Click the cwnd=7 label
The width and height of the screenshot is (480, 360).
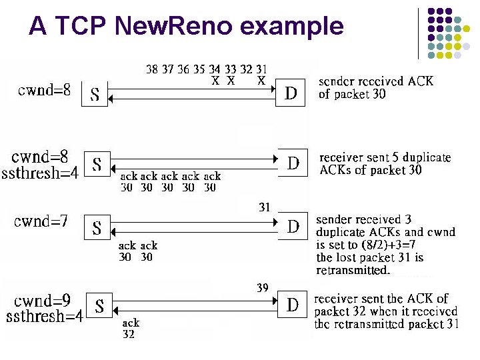click(x=41, y=221)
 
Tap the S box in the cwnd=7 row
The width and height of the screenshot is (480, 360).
click(x=97, y=228)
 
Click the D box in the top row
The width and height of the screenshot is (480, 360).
click(x=291, y=93)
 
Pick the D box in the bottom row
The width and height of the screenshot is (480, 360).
click(x=293, y=305)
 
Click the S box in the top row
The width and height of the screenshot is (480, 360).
click(x=95, y=95)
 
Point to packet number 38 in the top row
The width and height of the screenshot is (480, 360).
click(x=153, y=69)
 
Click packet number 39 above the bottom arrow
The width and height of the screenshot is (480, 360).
click(x=263, y=287)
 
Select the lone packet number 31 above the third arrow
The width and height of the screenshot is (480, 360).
click(x=265, y=207)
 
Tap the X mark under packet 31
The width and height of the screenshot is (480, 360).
click(x=261, y=81)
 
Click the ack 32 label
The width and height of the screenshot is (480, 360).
click(x=129, y=329)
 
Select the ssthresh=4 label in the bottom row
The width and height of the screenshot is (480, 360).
click(x=44, y=316)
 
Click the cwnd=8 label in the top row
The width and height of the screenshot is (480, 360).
click(x=44, y=89)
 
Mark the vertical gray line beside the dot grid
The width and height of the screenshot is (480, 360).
click(x=419, y=33)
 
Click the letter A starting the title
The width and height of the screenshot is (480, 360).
click(x=38, y=26)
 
